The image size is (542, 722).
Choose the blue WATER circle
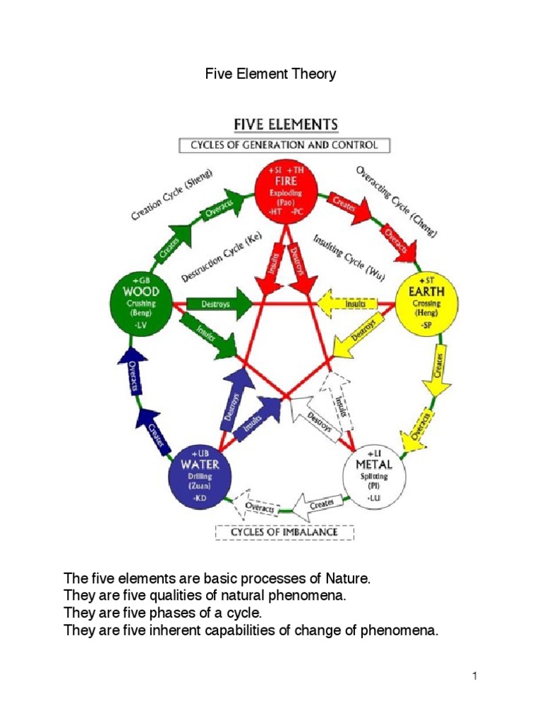[200, 475]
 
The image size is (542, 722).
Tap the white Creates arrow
[315, 502]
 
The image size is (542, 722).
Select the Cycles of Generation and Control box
[283, 146]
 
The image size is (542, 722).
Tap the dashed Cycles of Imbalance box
[284, 532]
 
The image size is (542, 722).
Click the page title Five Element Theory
[270, 74]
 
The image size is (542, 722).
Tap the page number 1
[476, 678]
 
